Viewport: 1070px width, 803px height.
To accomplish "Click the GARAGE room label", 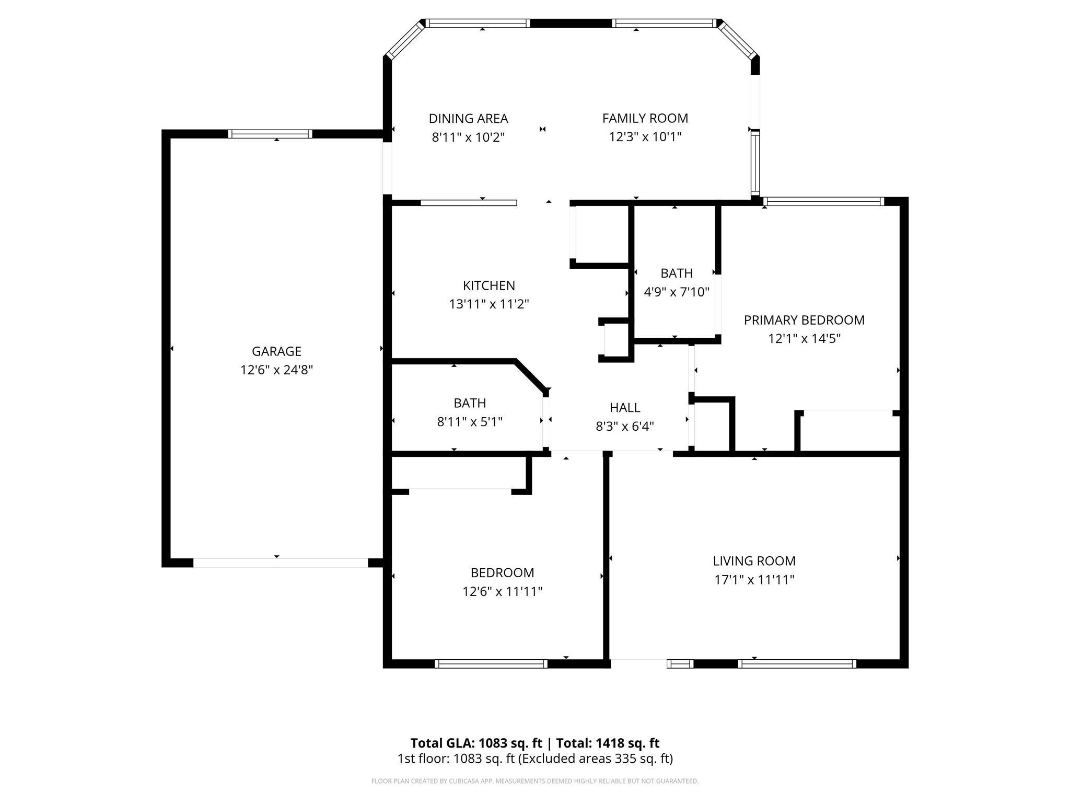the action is (x=276, y=351).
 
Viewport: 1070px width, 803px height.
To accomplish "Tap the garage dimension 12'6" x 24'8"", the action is (x=276, y=370).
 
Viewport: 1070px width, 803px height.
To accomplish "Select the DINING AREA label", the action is (x=468, y=119).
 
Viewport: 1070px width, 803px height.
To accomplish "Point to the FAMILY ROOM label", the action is (x=645, y=118).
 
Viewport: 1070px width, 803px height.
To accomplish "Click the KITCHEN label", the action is (x=489, y=285).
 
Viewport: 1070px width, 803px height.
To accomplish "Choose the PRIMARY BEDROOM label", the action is (x=804, y=320).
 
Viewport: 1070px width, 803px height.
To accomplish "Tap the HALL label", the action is (x=625, y=408).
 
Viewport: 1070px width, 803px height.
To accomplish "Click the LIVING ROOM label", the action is (x=754, y=561).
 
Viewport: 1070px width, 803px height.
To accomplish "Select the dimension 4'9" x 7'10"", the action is (x=677, y=292).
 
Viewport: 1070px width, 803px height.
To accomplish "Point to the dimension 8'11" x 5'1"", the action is (x=470, y=421).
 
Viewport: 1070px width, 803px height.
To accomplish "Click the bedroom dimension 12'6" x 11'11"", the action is (x=502, y=591).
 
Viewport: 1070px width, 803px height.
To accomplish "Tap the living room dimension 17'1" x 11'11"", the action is (x=754, y=579).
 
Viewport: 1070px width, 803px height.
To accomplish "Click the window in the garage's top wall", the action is (x=270, y=134).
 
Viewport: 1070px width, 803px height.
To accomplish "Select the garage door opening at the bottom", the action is (x=281, y=563).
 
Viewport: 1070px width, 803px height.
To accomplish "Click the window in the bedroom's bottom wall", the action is (x=491, y=664).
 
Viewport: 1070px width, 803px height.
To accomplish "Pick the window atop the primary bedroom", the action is (x=823, y=201).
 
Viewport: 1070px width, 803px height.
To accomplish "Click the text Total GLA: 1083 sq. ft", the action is (x=476, y=743).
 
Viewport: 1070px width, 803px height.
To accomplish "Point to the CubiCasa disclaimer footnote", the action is (x=535, y=781).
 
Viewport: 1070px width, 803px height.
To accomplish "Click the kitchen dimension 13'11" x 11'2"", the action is (x=489, y=304).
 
